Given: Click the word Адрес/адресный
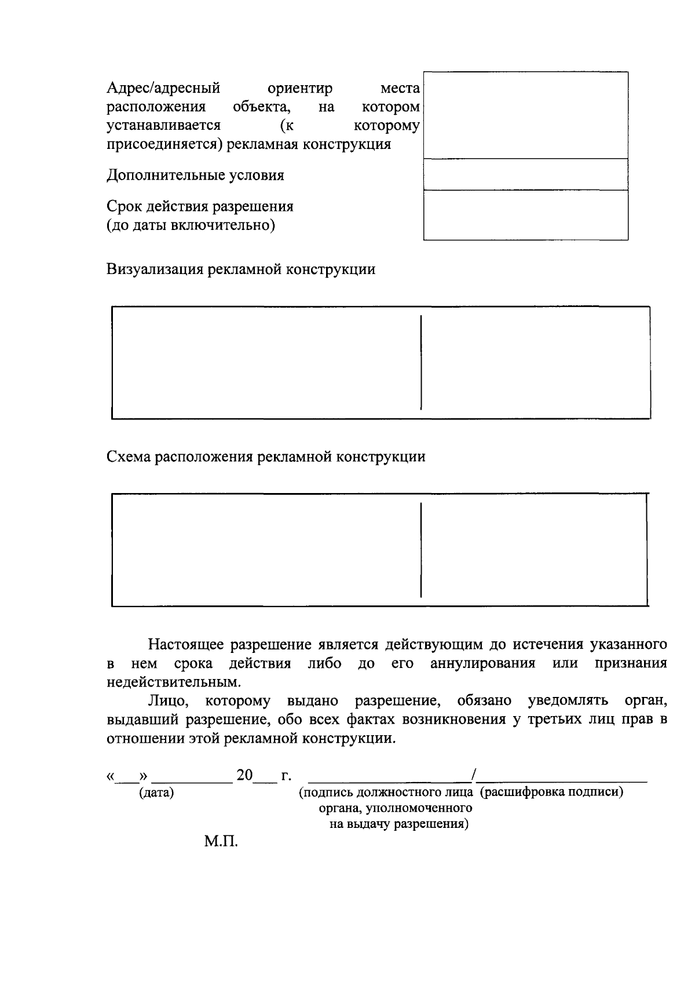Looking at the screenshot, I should pyautogui.click(x=163, y=89).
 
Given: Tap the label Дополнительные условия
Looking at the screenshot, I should pyautogui.click(x=195, y=175).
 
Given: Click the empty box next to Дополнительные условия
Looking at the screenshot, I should pyautogui.click(x=525, y=174).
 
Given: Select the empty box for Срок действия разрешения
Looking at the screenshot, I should pyautogui.click(x=525, y=215).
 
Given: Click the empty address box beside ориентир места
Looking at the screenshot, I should pyautogui.click(x=525, y=115).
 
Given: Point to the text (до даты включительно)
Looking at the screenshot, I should pyautogui.click(x=191, y=225).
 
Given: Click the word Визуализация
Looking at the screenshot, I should pyautogui.click(x=155, y=269).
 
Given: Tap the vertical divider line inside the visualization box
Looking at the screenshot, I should pyautogui.click(x=421, y=362).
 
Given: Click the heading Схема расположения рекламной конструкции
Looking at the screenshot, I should pyautogui.click(x=266, y=457).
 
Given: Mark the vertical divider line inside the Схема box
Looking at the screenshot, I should pyautogui.click(x=421, y=549).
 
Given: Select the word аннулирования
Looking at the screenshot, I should pyautogui.click(x=482, y=663).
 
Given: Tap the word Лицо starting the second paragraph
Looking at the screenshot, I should pyautogui.click(x=169, y=701).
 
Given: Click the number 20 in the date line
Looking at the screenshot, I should pyautogui.click(x=244, y=775).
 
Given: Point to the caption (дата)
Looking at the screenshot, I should pyautogui.click(x=156, y=793).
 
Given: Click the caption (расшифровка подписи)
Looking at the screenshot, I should pyautogui.click(x=551, y=792).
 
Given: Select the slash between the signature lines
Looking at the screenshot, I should pyautogui.click(x=474, y=774).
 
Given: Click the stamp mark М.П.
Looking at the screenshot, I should pyautogui.click(x=221, y=841).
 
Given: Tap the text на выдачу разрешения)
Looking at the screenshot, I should pyautogui.click(x=399, y=823).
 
